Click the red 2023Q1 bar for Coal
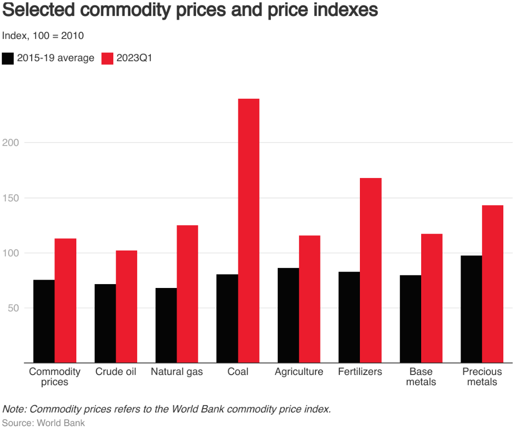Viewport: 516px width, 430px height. point(249,231)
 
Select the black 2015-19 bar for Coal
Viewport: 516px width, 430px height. point(227,319)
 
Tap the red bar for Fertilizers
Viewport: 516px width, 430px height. point(371,270)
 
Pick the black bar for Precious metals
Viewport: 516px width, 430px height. point(471,309)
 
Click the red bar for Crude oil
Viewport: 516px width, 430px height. point(126,306)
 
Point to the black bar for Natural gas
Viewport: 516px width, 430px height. point(166,325)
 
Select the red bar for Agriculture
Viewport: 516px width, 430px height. point(310,299)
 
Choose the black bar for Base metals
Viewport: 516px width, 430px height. point(410,319)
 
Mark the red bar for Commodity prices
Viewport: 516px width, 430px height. point(65,301)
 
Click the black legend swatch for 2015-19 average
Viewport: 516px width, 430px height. point(8,58)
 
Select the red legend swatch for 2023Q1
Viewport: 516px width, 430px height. point(107,58)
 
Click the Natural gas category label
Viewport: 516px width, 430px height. point(177,372)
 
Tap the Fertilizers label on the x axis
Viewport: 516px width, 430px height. point(360,372)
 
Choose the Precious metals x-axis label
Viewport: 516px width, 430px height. point(482,377)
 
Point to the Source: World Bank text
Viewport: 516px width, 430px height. point(44,423)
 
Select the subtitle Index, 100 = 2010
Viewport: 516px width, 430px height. point(43,36)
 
